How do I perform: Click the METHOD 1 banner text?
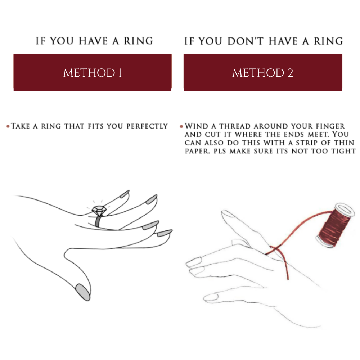click(x=93, y=73)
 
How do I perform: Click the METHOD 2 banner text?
click(x=262, y=73)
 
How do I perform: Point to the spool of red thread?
click(x=334, y=225)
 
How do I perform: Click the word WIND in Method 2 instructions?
click(x=195, y=126)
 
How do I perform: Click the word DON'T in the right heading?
click(x=246, y=41)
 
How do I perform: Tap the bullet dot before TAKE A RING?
click(x=8, y=126)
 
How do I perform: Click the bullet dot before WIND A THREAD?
click(x=181, y=126)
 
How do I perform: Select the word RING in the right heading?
click(x=328, y=41)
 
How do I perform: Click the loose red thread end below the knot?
click(x=287, y=275)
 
